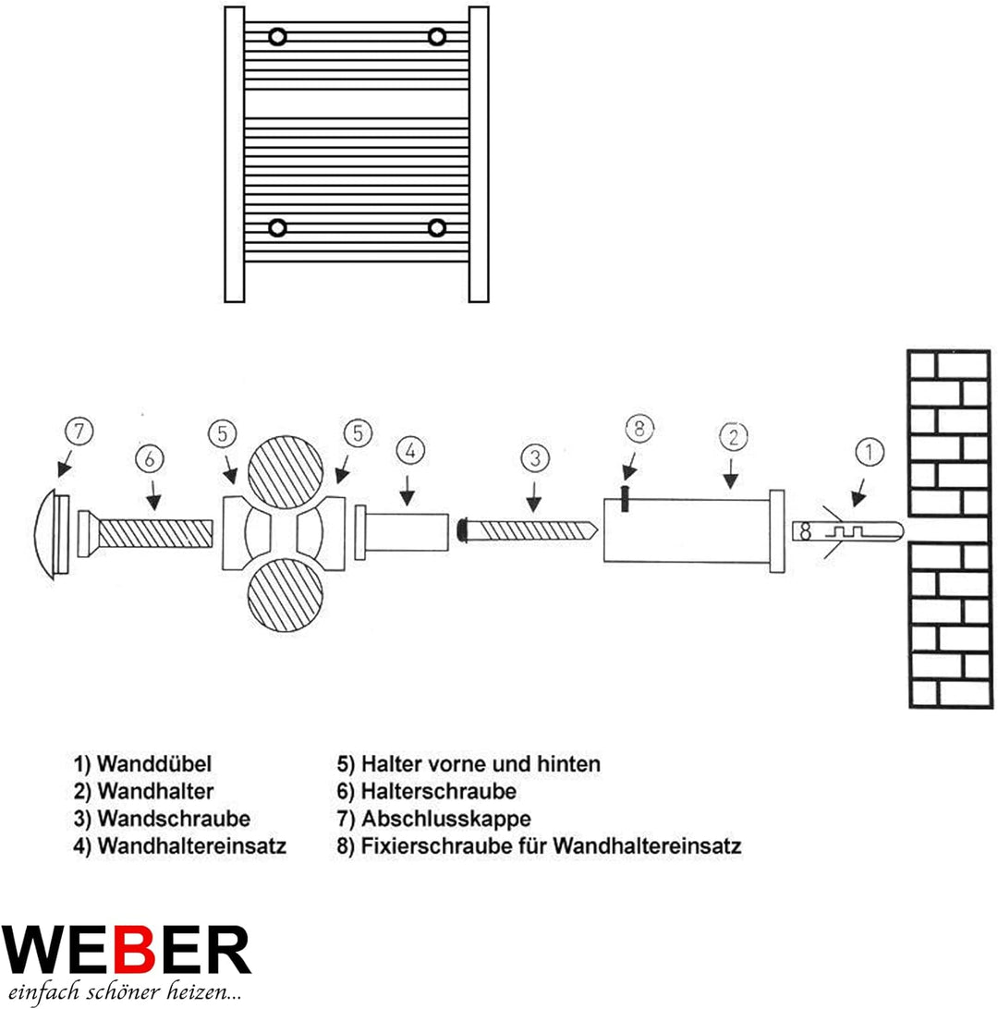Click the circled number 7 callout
(80, 432)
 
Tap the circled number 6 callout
(152, 457)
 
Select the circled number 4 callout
(411, 452)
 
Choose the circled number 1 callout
(870, 453)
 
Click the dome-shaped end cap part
(52, 534)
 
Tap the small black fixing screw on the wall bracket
(626, 496)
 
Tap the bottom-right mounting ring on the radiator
(437, 227)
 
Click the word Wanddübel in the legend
(155, 764)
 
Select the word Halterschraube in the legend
(439, 792)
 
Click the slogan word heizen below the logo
(201, 993)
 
